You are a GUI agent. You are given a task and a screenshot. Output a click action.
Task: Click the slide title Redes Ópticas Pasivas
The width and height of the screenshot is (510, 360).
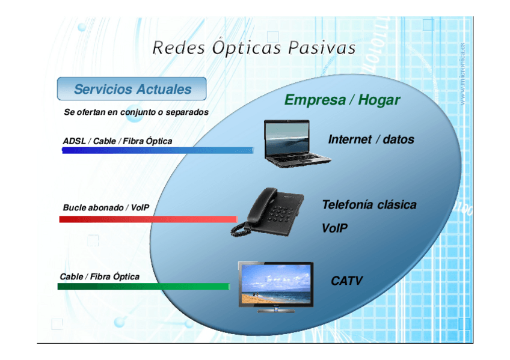coord(254,47)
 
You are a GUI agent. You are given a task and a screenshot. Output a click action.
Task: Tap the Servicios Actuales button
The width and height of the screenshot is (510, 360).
coord(132,90)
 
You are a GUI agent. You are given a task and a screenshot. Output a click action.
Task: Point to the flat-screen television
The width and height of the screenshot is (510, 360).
coord(275,286)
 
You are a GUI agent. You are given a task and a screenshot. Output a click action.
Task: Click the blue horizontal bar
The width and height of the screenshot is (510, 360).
coord(158,150)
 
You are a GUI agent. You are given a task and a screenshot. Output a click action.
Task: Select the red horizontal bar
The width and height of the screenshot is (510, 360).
coord(148,219)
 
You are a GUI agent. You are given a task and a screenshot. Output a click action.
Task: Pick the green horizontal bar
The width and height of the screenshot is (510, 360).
coord(143,287)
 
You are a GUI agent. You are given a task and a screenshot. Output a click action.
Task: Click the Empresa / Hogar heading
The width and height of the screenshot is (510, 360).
coord(342,100)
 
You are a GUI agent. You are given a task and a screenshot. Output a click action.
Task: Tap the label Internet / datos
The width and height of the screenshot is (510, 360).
coord(371,139)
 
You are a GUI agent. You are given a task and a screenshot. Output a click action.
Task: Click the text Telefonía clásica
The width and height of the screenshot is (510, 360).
coord(369,205)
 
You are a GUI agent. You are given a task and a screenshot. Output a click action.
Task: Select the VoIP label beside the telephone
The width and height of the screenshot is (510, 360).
coord(334,228)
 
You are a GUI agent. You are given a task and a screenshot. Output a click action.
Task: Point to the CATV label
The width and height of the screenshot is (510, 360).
coord(346,281)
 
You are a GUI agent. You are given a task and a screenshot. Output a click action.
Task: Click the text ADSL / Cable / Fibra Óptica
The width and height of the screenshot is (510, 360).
coord(117,141)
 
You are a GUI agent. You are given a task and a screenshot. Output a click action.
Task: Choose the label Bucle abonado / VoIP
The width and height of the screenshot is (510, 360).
coord(106,208)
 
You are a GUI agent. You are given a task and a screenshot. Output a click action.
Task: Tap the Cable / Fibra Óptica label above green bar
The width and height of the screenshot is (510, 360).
coord(99,277)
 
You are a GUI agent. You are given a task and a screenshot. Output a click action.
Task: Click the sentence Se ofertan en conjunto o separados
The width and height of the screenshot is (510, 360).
coord(136,112)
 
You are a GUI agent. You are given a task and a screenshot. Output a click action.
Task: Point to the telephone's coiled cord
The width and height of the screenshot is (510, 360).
coord(243,228)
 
